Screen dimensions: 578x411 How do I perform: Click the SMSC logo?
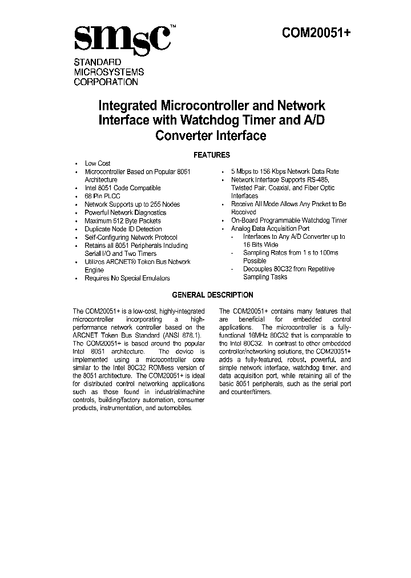click(122, 38)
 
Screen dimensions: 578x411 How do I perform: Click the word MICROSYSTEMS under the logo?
click(108, 72)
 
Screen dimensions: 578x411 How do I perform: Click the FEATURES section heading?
click(212, 155)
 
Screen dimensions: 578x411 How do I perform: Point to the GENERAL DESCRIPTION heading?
click(212, 295)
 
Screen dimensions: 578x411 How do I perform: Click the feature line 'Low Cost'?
click(98, 163)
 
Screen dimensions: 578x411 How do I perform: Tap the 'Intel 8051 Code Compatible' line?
click(123, 188)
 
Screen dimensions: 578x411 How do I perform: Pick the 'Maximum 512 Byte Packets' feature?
click(123, 220)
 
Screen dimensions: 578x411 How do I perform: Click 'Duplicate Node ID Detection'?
click(123, 229)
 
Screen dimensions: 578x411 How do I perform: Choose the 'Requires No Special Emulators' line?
click(127, 278)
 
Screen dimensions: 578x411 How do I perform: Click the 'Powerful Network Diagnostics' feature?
click(126, 212)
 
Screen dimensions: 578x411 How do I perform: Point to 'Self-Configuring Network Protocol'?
click(131, 237)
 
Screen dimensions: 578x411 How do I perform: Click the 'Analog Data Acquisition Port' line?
click(270, 228)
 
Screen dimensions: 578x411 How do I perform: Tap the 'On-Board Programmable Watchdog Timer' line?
click(289, 220)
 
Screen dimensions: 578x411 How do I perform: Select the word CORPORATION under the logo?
click(107, 82)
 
